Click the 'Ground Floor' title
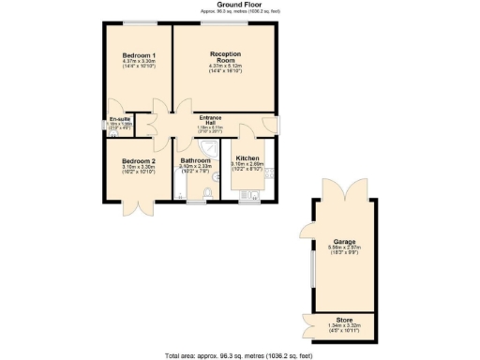[x=239, y=5]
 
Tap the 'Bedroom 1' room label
[x=138, y=55]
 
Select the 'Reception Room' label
[x=225, y=55]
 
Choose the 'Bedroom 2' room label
[x=138, y=160]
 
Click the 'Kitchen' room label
[x=247, y=158]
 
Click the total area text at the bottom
[x=239, y=354]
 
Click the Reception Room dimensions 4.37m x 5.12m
[x=225, y=67]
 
